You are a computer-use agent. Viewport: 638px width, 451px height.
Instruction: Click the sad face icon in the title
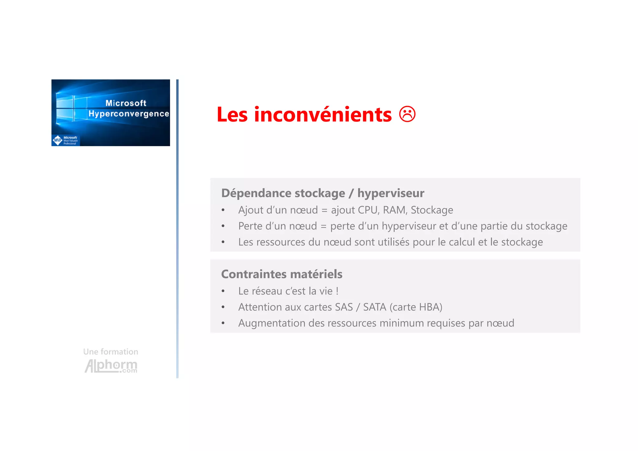pos(407,114)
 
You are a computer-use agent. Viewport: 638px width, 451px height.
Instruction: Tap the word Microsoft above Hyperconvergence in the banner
pos(126,103)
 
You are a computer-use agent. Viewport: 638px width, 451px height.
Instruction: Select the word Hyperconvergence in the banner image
pos(129,114)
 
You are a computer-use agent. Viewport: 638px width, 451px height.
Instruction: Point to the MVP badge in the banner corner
pos(58,140)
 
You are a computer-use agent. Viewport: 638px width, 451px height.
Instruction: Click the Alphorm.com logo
pos(111,366)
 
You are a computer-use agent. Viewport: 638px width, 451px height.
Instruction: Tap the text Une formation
pos(111,352)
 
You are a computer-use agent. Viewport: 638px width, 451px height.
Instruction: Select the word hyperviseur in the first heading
pos(391,193)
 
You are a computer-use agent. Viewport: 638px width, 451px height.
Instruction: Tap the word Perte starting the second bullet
pos(250,226)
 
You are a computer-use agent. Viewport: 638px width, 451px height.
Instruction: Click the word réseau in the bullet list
pos(267,291)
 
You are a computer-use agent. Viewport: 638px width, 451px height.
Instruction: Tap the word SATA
pos(374,307)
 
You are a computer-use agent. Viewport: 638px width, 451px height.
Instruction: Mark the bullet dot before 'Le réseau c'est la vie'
pos(223,291)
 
